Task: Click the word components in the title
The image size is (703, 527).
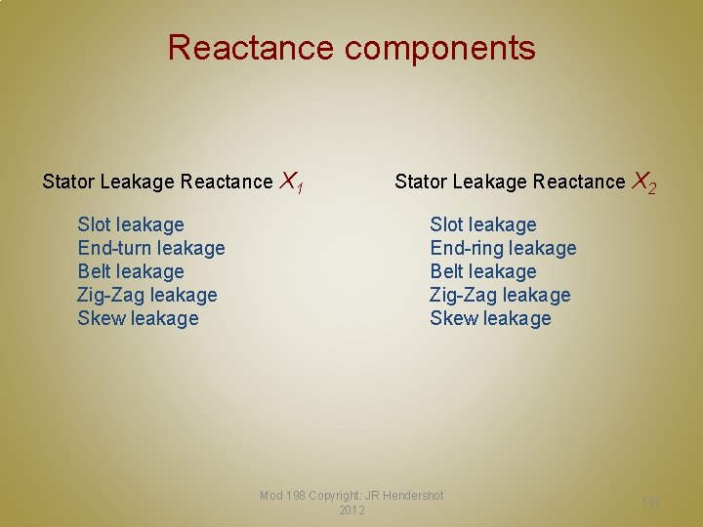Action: pyautogui.click(x=439, y=49)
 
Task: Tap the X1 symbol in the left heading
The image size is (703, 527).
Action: pyautogui.click(x=291, y=182)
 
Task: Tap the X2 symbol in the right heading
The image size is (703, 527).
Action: pyautogui.click(x=643, y=182)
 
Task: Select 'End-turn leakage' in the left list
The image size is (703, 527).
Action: pyautogui.click(x=151, y=248)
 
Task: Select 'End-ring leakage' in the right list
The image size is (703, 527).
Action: pyautogui.click(x=503, y=248)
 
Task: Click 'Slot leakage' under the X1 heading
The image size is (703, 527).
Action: pyautogui.click(x=131, y=224)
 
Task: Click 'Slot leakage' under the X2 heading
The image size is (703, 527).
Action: pyautogui.click(x=483, y=224)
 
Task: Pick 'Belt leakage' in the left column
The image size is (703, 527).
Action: pyautogui.click(x=131, y=271)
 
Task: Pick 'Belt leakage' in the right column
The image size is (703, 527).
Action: pyautogui.click(x=483, y=271)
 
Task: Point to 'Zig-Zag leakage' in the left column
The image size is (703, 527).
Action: pyautogui.click(x=147, y=295)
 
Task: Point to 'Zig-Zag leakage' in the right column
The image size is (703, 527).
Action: pyautogui.click(x=500, y=295)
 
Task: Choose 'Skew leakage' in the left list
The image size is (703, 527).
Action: pyautogui.click(x=138, y=318)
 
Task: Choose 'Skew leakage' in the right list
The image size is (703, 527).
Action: pyautogui.click(x=490, y=318)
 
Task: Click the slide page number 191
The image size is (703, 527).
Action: pyautogui.click(x=651, y=502)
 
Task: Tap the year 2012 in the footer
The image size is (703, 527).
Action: pyautogui.click(x=351, y=510)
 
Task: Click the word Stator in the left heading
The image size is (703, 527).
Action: pyautogui.click(x=68, y=182)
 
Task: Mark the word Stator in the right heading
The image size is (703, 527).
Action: pyautogui.click(x=420, y=182)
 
